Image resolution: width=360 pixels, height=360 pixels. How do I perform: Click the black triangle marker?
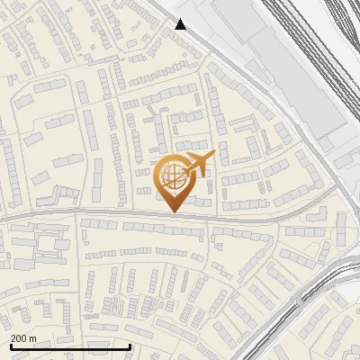pos(181,24)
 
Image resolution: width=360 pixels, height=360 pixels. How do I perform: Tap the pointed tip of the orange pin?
pos(172,211)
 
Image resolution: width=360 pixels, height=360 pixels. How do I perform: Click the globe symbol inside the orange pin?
pos(172,175)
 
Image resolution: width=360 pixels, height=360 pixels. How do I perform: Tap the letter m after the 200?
pos(33,337)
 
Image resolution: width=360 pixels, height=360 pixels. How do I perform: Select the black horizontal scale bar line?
pos(70,346)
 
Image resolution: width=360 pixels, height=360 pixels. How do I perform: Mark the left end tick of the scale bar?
pos(11,345)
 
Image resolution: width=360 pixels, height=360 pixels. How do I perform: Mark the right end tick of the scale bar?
pos(130,345)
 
